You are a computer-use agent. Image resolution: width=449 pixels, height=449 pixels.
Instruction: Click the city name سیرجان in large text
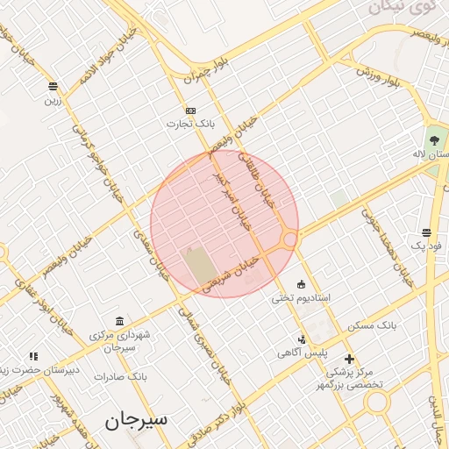click(136, 420)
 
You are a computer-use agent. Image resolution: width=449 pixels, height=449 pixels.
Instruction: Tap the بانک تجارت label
click(191, 124)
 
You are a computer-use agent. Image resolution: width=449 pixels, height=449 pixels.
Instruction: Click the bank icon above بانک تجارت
click(190, 110)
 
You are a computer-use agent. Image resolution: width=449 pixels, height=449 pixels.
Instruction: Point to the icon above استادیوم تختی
click(302, 283)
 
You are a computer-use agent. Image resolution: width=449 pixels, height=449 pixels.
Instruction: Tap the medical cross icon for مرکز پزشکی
click(350, 359)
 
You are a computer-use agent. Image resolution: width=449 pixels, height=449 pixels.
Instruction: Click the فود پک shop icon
click(426, 233)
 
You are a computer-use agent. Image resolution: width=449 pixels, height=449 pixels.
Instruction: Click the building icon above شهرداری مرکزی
click(119, 321)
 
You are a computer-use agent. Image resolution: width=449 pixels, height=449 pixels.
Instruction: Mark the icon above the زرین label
click(53, 86)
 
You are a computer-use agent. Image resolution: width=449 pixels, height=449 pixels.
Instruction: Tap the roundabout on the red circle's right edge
click(289, 238)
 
